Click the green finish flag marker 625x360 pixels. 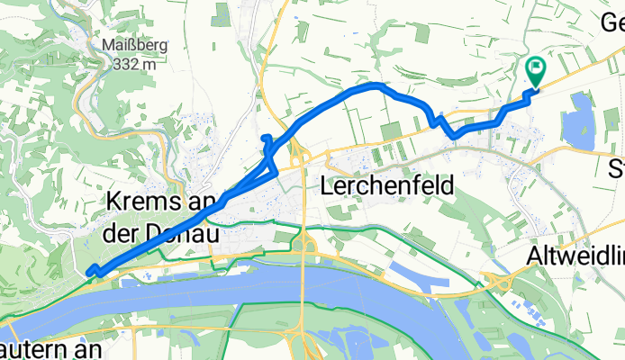(536, 68)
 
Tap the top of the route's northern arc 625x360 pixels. (372, 85)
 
